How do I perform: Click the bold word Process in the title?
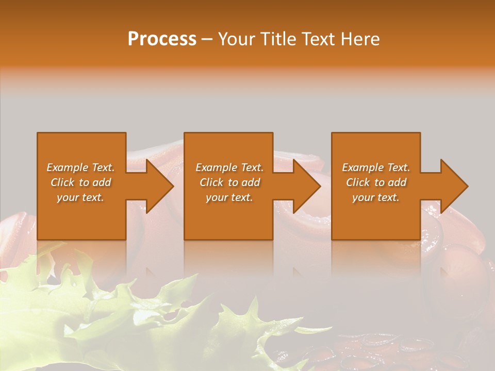click(162, 39)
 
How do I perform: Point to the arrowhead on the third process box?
click(453, 186)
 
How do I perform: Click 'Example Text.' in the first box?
click(81, 167)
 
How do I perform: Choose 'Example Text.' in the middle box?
click(229, 167)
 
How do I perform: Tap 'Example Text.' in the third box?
click(376, 167)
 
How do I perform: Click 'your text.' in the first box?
click(81, 197)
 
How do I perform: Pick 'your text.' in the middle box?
click(229, 197)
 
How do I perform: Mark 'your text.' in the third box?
click(376, 197)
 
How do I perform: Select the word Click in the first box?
click(62, 182)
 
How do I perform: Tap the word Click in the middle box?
click(211, 182)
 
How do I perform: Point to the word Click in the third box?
click(358, 182)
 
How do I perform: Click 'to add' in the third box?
click(391, 182)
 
